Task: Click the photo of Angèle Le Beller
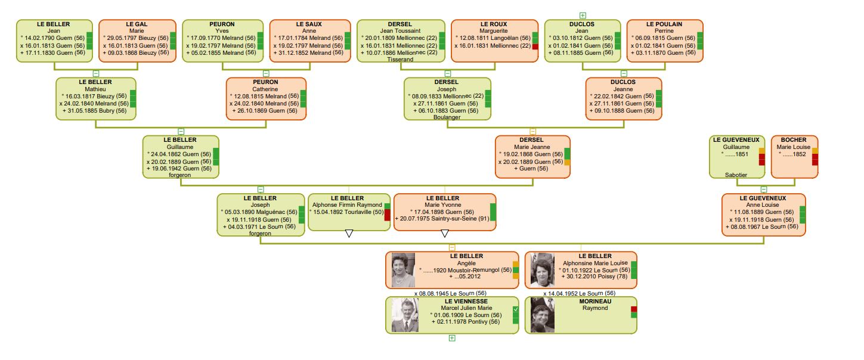[403, 270]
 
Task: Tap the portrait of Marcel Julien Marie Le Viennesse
[405, 315]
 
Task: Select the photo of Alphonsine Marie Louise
[543, 270]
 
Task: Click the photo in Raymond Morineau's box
[543, 315]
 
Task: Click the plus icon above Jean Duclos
[583, 15]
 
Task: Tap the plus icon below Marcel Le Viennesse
[451, 338]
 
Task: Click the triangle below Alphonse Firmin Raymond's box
[349, 234]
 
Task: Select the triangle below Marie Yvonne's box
[444, 234]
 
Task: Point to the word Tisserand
[401, 60]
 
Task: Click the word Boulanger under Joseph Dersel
[447, 117]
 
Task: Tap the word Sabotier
[736, 175]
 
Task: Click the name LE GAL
[137, 24]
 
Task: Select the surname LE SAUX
[309, 24]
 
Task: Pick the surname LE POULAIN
[664, 24]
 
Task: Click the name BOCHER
[794, 140]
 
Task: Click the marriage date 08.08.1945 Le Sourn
[450, 293]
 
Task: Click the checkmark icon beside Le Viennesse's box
[516, 309]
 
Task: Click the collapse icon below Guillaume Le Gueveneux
[764, 189]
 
